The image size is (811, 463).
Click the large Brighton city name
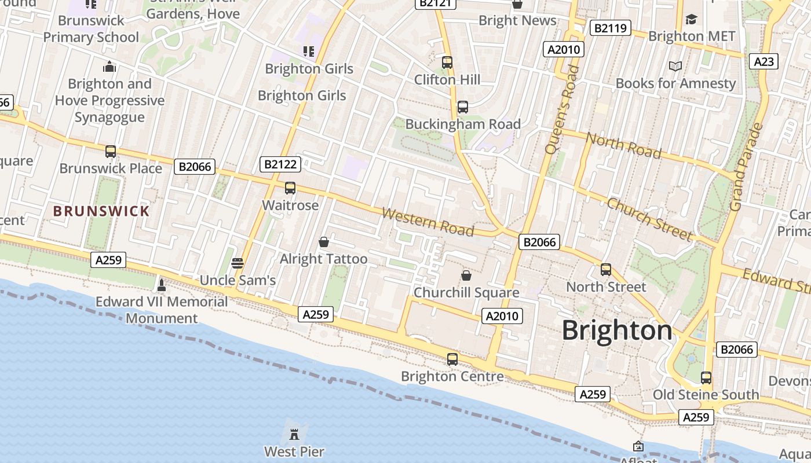617,331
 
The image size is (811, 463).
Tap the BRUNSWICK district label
101,211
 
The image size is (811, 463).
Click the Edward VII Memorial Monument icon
162,285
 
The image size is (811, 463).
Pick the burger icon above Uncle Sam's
237,263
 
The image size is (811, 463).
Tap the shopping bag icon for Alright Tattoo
324,241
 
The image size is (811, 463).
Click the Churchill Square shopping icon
466,275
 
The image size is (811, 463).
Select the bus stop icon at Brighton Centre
452,359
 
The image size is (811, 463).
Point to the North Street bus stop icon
606,270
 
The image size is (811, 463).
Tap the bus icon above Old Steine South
706,378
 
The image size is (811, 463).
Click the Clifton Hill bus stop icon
447,63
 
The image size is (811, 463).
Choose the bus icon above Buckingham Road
462,107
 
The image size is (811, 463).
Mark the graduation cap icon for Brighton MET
691,20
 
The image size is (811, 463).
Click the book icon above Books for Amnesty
675,67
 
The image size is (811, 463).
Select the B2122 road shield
280,164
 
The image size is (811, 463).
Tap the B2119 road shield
610,28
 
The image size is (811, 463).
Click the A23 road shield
763,61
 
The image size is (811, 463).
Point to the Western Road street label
428,222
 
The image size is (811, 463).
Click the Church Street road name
649,219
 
